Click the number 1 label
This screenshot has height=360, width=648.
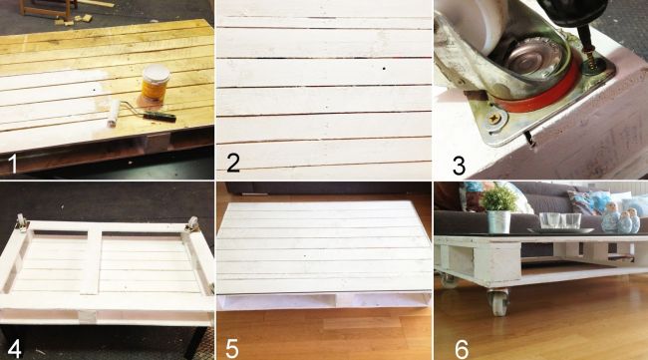tap(14, 164)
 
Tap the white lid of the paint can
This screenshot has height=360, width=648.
tap(156, 73)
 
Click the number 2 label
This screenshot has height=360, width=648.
tap(233, 163)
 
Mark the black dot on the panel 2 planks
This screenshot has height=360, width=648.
tap(384, 68)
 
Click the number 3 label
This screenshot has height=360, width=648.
tap(460, 166)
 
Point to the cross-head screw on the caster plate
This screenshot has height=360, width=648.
tap(494, 119)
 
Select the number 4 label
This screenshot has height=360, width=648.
tap(15, 349)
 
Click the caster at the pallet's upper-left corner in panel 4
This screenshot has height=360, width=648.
tap(22, 222)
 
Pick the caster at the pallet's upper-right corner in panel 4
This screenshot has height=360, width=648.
tap(191, 224)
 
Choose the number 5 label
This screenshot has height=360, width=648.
tap(232, 349)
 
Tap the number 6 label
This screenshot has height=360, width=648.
tap(462, 349)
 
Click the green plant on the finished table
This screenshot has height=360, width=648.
tap(498, 198)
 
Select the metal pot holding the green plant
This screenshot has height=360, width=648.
tap(499, 222)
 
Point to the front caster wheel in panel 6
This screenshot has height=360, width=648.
tap(498, 302)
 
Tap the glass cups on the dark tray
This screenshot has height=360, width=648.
tap(560, 220)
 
